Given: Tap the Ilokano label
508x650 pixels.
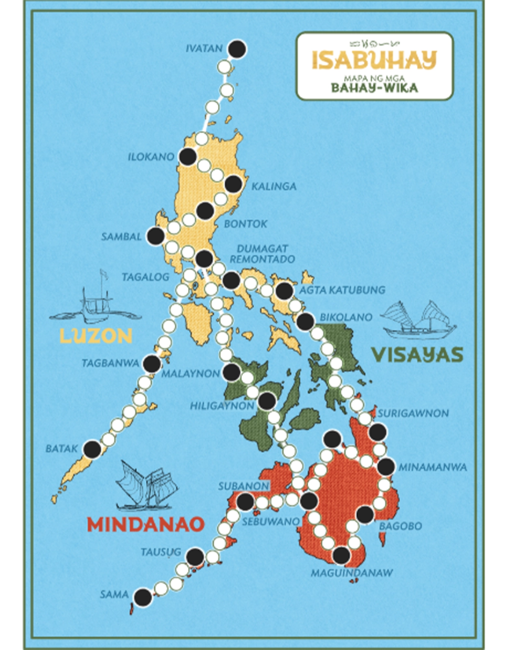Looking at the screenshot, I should [x=151, y=156].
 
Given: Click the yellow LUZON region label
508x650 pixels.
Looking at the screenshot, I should [x=96, y=336].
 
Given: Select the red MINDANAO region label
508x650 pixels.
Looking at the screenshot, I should [x=145, y=524].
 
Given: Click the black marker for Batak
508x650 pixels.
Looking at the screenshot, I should [x=92, y=449].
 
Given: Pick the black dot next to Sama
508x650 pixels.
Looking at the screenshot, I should [x=143, y=597].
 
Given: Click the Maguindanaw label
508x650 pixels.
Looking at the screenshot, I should [x=352, y=573].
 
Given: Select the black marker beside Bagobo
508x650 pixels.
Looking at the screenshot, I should [x=365, y=514].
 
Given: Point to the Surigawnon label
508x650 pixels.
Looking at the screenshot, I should [x=413, y=414].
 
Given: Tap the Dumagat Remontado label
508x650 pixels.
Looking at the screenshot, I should [x=262, y=253].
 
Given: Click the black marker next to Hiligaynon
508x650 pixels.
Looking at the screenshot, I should [x=267, y=401].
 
